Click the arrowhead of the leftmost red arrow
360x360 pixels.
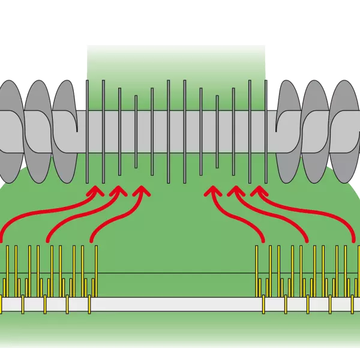94,191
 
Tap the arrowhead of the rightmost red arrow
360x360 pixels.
257,191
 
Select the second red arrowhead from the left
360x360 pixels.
118,191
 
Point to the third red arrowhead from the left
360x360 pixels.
142,191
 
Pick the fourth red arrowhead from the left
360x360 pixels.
211,191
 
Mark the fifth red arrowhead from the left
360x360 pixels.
234,191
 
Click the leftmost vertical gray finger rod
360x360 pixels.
87,132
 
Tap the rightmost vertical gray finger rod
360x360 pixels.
266,132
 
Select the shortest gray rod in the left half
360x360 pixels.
136,132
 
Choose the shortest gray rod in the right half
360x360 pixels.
217,132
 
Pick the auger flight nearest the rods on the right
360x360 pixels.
288,132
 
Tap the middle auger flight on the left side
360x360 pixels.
37,132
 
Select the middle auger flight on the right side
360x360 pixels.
316,132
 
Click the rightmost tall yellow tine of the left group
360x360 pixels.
96,270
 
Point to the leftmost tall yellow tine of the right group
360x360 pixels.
257,270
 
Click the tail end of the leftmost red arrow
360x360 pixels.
3,239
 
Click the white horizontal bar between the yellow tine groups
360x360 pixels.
177,304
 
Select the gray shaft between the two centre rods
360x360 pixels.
176,132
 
